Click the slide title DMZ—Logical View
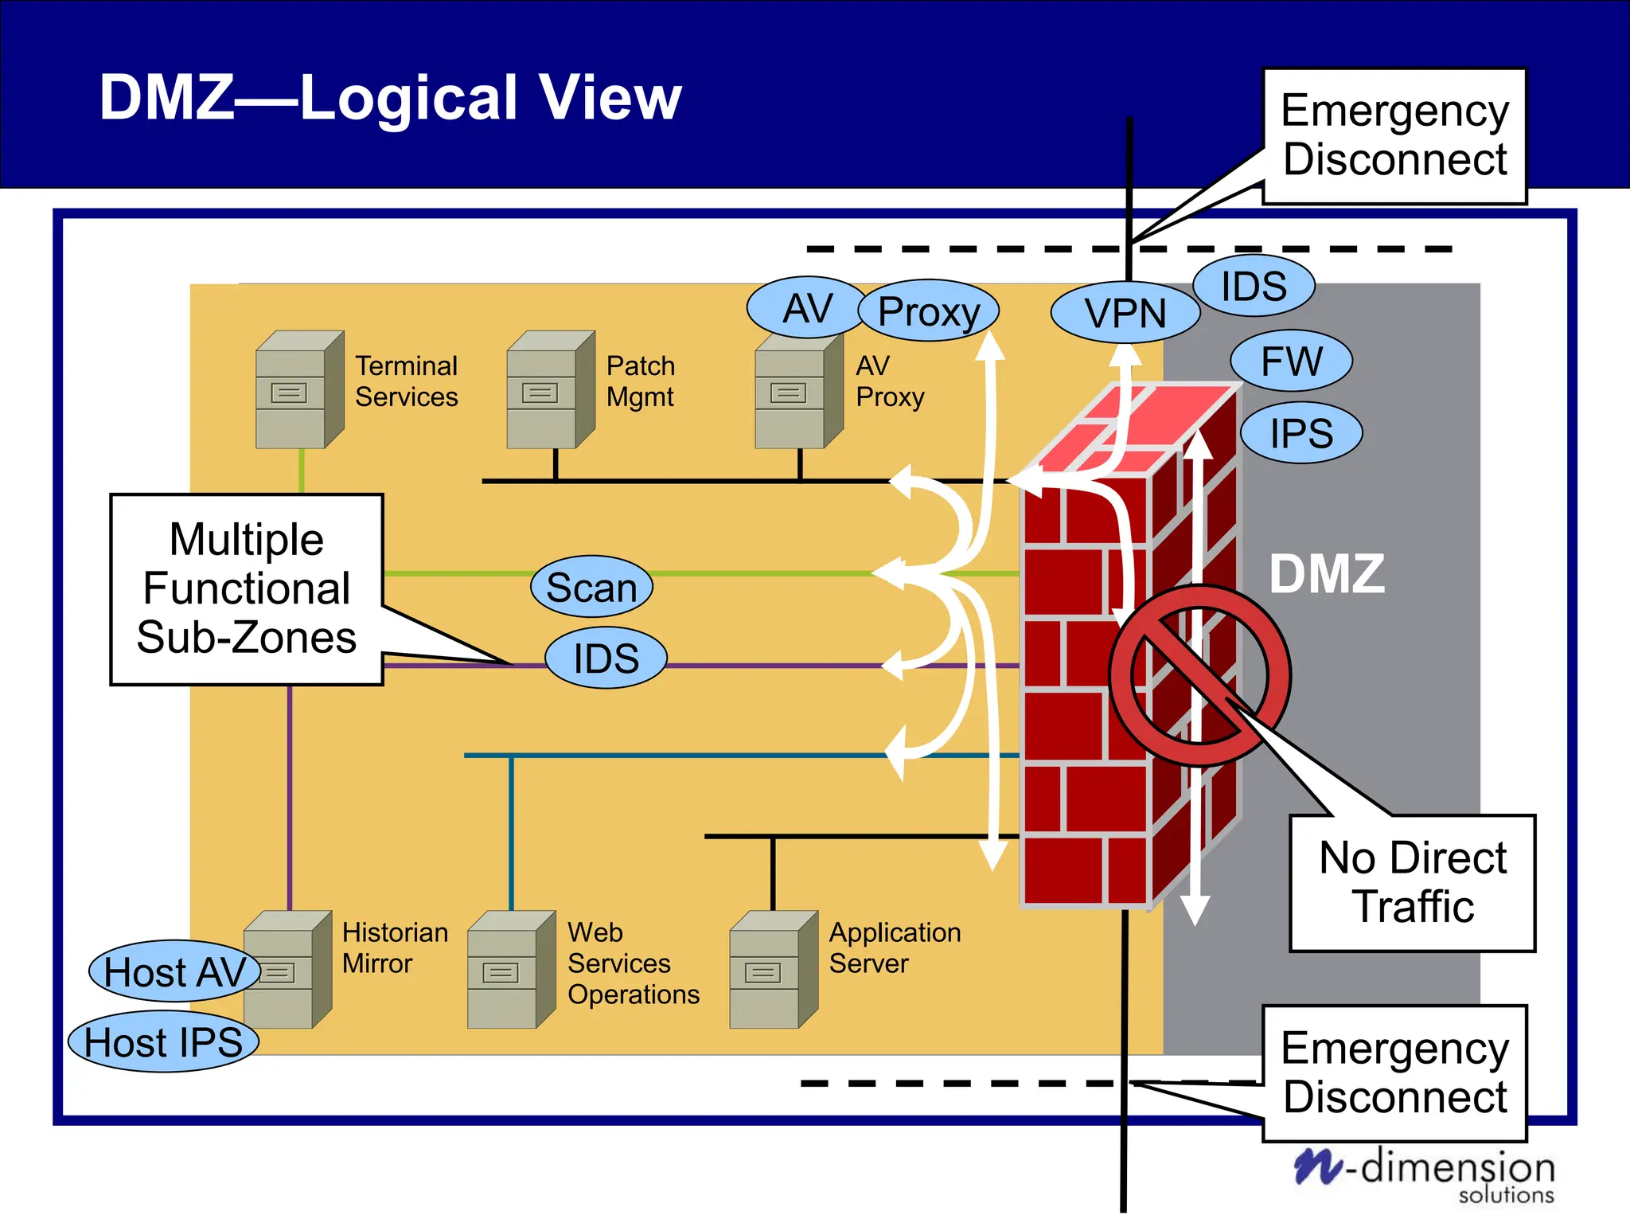click(x=390, y=97)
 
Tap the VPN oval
click(x=1125, y=312)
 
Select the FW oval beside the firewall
click(x=1291, y=361)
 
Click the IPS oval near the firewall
click(x=1301, y=433)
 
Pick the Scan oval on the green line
click(x=591, y=587)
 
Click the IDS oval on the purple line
click(x=606, y=658)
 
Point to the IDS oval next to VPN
click(x=1254, y=286)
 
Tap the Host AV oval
click(x=174, y=971)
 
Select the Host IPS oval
click(x=163, y=1041)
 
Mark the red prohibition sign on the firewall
click(x=1199, y=676)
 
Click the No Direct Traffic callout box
click(x=1412, y=882)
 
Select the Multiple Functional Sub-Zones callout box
click(x=247, y=588)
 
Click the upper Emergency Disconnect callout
click(x=1394, y=135)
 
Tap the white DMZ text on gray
click(x=1327, y=573)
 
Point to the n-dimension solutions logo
click(x=1425, y=1173)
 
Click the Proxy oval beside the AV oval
click(x=928, y=311)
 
